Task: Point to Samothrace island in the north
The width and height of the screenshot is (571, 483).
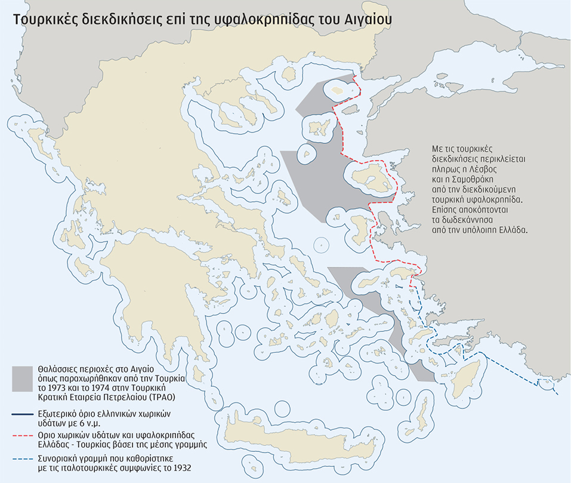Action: (338, 91)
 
